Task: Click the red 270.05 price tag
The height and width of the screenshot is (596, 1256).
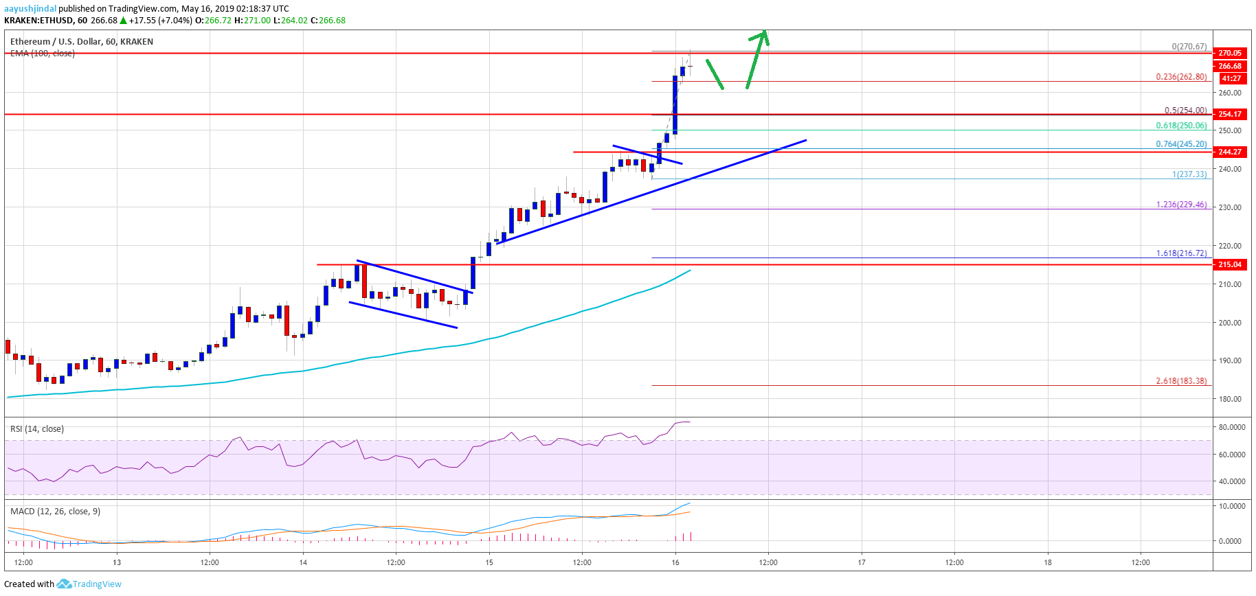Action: (1229, 53)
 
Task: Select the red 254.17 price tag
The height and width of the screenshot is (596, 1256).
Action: (1229, 114)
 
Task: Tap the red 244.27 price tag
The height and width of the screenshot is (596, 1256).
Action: (1229, 152)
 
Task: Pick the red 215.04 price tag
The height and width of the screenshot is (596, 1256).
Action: (1229, 264)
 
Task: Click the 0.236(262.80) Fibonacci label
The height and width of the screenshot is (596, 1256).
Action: (1181, 77)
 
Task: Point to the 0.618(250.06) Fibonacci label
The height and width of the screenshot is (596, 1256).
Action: (1181, 126)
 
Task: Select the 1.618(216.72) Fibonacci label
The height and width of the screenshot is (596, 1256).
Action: (1181, 253)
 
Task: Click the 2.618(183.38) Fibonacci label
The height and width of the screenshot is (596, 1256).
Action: (1181, 381)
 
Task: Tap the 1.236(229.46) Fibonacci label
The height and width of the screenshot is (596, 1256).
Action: (1181, 205)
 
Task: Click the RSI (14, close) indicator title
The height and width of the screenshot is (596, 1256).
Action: (37, 429)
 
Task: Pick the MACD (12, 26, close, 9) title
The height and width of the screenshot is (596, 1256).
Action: (55, 512)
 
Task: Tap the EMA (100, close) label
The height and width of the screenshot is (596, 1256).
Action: (43, 54)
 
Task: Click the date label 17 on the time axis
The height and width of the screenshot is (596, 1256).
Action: (862, 563)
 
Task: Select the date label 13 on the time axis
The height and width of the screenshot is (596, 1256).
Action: (117, 563)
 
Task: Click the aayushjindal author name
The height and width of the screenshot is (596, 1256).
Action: (30, 9)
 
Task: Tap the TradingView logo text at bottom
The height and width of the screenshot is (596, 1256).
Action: (97, 584)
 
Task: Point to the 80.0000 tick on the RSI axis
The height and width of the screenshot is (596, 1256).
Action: (1231, 427)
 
